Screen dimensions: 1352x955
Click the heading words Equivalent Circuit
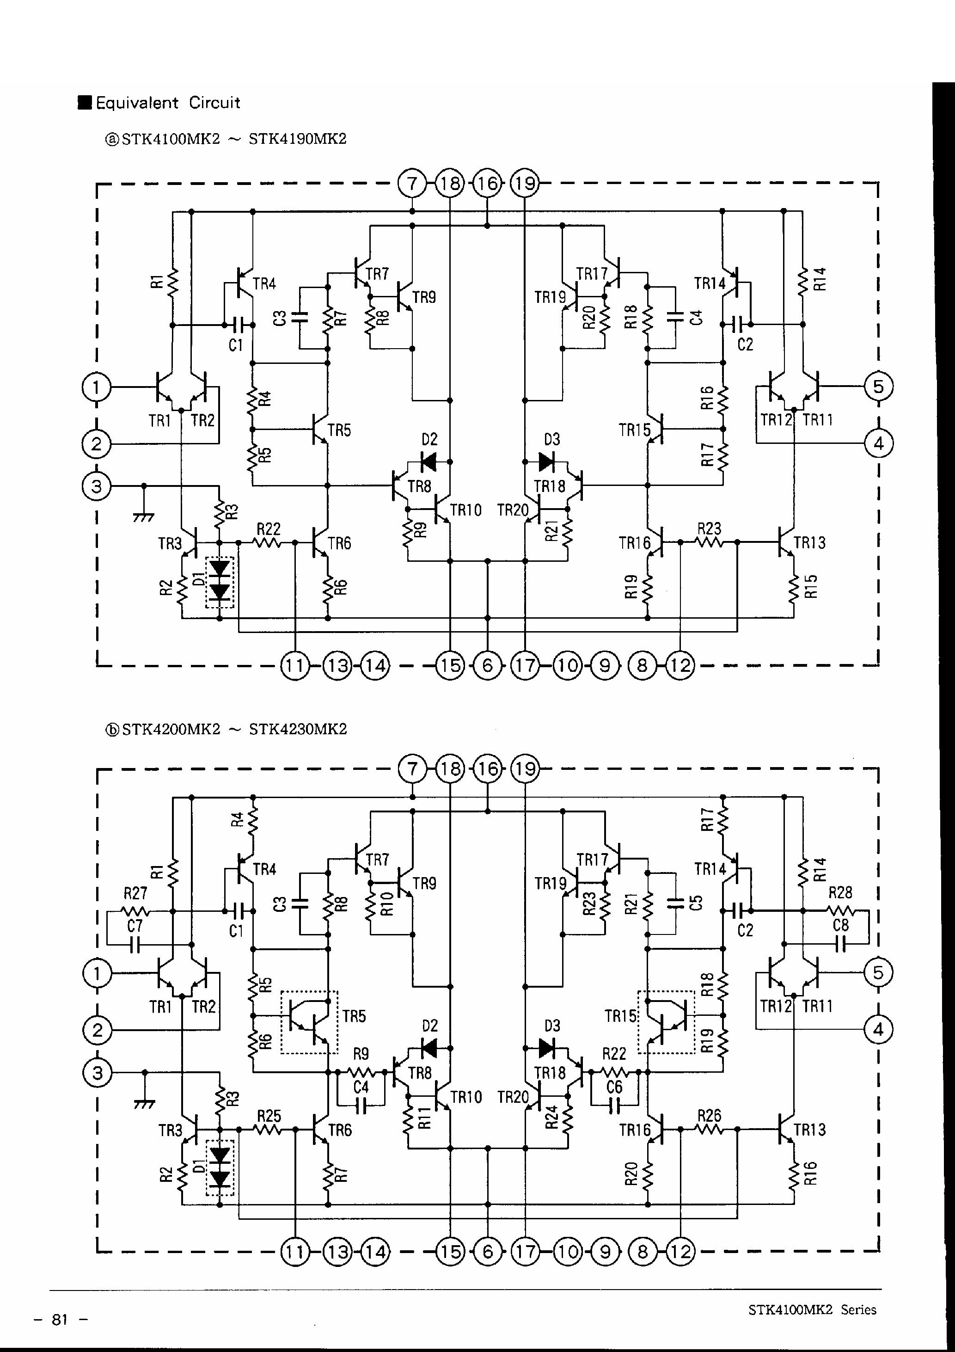pos(168,103)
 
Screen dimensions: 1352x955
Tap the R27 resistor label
pos(135,893)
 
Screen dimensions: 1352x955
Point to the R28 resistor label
pos(840,893)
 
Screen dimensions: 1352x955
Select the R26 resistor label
pos(709,1115)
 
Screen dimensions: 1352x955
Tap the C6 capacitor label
pos(614,1087)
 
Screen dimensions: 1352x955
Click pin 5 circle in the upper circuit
pos(878,387)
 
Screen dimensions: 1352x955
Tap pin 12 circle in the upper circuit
pos(680,666)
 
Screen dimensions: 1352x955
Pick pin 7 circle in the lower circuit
pos(412,769)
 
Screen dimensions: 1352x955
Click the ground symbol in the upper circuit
pos(144,517)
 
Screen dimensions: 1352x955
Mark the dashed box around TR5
pos(310,1022)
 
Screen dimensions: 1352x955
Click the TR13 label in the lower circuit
pos(809,1130)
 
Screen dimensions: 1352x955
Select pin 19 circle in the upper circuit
pos(525,184)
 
